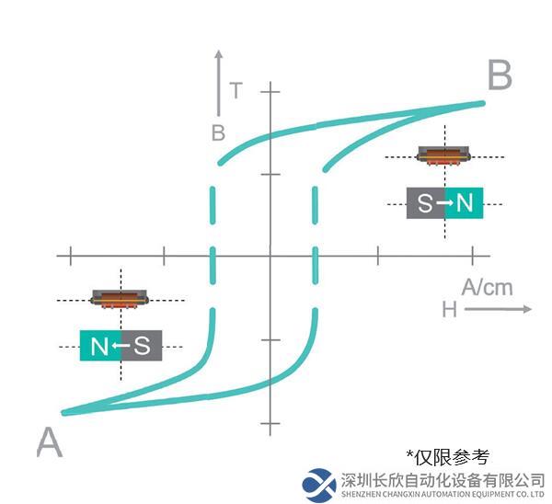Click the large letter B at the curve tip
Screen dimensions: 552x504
tap(500, 74)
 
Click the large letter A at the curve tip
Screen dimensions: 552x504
tap(50, 442)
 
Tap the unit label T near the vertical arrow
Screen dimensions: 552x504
tap(236, 90)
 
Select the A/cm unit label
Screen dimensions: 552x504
tap(487, 287)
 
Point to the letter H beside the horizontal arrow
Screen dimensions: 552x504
tap(450, 310)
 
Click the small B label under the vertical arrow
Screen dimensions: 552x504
tap(218, 133)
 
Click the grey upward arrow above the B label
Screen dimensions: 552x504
tap(219, 83)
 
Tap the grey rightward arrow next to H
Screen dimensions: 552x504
tap(498, 309)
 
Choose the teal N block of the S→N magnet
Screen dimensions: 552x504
tap(464, 203)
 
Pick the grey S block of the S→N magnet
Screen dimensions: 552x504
tap(426, 203)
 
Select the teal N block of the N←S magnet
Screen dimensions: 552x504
tap(100, 345)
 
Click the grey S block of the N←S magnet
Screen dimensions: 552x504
tap(142, 345)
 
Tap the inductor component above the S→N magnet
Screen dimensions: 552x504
tap(443, 155)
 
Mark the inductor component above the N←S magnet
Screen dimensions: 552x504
tap(120, 300)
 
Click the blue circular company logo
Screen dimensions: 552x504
tap(319, 485)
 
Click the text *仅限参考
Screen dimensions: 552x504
tap(448, 457)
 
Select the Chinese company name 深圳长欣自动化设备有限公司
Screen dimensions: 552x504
tap(443, 480)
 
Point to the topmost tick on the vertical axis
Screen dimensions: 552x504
tap(270, 91)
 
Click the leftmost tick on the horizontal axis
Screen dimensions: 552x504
tap(71, 256)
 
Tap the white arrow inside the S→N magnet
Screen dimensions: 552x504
tap(444, 202)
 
